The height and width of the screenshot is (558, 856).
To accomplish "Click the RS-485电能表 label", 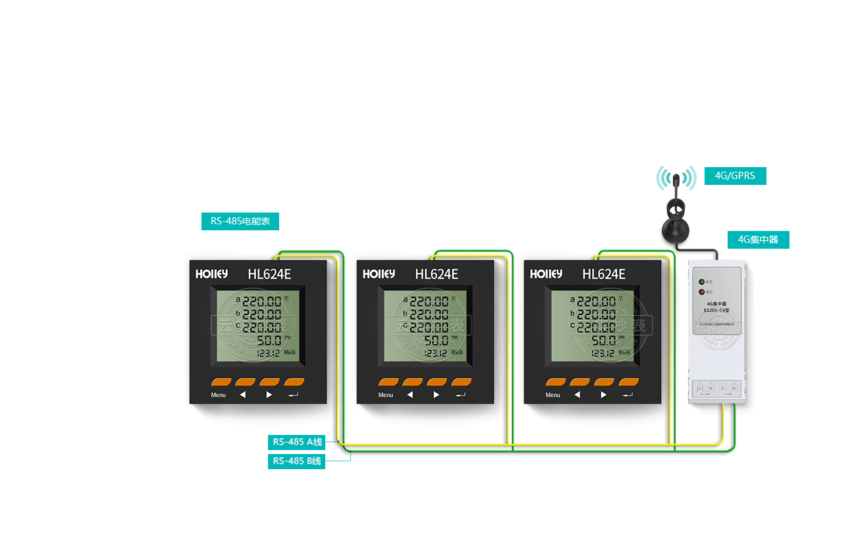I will (x=240, y=221).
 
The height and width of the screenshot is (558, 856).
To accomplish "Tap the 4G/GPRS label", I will (x=735, y=176).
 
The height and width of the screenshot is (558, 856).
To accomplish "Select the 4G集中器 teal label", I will (x=758, y=240).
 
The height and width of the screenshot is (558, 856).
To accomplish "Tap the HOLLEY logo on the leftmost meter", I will (x=211, y=274).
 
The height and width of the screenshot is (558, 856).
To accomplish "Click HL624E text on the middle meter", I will (x=437, y=274).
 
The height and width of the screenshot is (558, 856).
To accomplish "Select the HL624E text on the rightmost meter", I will (x=604, y=274).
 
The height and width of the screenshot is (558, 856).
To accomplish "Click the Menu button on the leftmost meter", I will (x=221, y=382).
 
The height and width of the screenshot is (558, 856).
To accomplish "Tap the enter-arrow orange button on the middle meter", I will (x=462, y=382).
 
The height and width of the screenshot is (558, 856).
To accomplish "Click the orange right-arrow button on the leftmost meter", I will (x=269, y=382).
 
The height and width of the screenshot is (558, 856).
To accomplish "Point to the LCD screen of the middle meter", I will (x=425, y=326).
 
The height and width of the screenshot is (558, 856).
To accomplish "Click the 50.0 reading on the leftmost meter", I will (x=269, y=341).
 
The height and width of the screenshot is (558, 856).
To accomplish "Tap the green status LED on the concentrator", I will (x=702, y=282).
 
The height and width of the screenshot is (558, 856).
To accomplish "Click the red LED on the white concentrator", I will (x=702, y=292).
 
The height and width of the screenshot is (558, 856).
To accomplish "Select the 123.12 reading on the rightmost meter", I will (x=602, y=353).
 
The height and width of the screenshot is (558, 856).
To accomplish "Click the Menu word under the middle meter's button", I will (x=386, y=395).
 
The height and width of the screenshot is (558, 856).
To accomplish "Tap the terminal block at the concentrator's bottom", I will (x=715, y=388).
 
